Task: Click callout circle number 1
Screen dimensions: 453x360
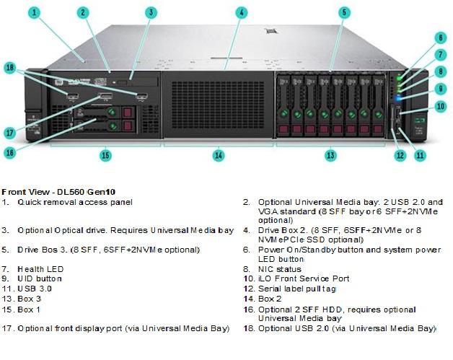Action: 35,13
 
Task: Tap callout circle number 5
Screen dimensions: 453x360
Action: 344,13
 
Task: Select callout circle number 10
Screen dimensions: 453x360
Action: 440,107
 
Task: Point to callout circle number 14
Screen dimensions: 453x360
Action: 219,155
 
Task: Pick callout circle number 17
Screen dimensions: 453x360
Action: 10,133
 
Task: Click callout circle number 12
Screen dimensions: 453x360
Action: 400,155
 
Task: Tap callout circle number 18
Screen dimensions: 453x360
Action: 10,69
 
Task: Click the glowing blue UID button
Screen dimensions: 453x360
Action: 399,98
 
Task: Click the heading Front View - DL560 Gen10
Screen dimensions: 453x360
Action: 58,192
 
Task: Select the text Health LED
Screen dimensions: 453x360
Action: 40,269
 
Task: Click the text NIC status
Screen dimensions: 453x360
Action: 280,269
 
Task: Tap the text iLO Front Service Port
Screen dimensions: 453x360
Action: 304,278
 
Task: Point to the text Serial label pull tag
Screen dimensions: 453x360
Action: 297,289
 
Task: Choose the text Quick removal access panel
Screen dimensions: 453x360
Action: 75,202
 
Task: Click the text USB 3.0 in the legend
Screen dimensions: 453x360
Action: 35,289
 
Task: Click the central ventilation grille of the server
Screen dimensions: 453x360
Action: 218,105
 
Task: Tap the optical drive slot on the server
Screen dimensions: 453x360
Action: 135,82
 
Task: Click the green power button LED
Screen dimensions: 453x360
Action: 400,79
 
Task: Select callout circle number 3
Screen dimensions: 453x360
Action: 151,13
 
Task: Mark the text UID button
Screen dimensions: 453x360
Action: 40,278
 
